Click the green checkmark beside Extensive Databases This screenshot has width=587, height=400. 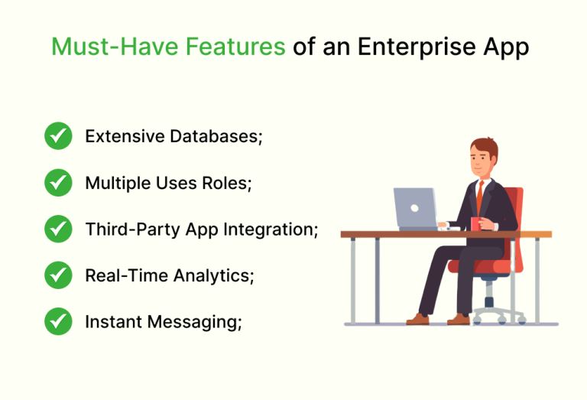point(58,137)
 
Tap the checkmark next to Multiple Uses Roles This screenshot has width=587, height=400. point(58,183)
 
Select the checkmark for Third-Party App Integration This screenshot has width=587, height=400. point(58,229)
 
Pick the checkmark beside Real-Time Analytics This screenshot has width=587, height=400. point(58,275)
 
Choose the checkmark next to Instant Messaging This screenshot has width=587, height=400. point(58,322)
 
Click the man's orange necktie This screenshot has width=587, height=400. point(479,197)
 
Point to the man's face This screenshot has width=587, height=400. point(481,160)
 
